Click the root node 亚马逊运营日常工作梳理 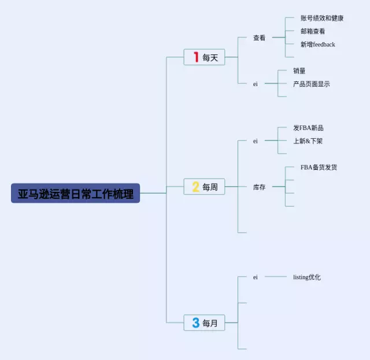pos(76,193)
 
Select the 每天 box pos(204,57)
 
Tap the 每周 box pos(204,187)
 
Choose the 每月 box pos(204,322)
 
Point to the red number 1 pos(196,57)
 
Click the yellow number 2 pos(196,187)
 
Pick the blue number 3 pos(196,322)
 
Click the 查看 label pos(260,38)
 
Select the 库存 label pos(260,187)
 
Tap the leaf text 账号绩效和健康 pos(322,18)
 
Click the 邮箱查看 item pos(313,31)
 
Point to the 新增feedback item pos(317,44)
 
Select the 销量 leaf pos(299,70)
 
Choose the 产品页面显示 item pos(312,84)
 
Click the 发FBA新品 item pos(308,128)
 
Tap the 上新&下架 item pos(308,141)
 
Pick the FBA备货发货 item pos(319,167)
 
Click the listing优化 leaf pos(307,277)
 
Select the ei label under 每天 pos(256,84)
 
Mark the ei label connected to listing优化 pos(256,277)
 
